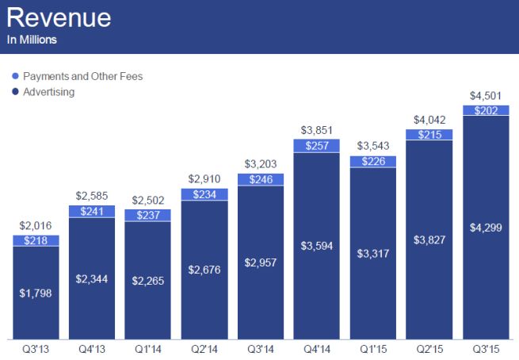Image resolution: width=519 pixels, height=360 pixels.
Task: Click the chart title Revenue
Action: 60,17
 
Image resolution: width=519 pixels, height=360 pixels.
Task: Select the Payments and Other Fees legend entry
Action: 82,77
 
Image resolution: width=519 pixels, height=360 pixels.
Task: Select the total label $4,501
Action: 485,98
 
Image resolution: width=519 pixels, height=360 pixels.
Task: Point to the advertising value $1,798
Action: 35,293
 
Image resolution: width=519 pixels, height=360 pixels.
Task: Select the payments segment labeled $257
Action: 316,146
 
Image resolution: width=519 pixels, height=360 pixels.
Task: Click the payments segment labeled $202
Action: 485,111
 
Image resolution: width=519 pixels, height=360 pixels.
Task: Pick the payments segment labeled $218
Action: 35,240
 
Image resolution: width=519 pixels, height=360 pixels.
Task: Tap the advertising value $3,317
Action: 372,255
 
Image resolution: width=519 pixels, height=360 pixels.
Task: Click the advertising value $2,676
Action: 204,270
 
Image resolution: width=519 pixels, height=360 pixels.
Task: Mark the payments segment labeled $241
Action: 91,212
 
